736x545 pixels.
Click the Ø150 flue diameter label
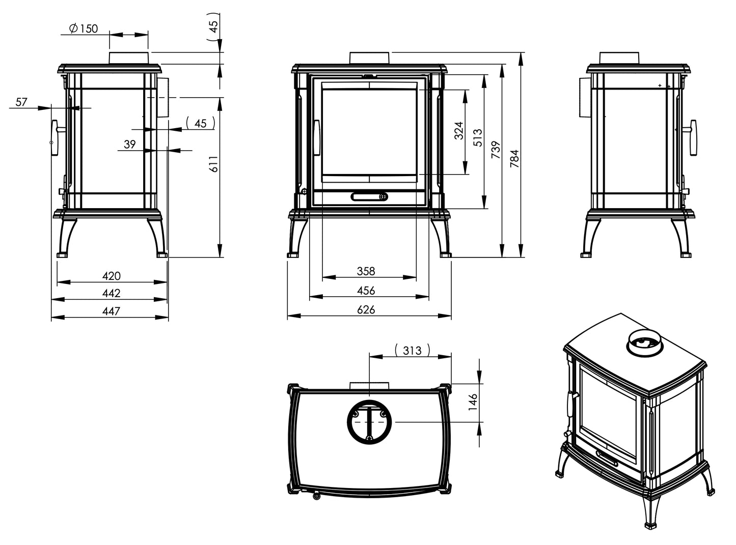(x=84, y=28)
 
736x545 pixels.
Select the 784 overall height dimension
(x=514, y=158)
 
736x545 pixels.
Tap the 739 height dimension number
(x=496, y=150)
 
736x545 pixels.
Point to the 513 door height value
(x=477, y=137)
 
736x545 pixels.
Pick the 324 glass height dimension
(x=458, y=131)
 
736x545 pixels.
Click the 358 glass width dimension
(x=366, y=271)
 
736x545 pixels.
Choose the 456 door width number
(x=366, y=291)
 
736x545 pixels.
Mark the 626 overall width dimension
(x=366, y=309)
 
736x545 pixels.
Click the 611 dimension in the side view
(x=213, y=164)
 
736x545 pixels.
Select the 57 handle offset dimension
(x=21, y=102)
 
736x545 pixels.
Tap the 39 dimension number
(x=130, y=144)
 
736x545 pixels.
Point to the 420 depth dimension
(x=111, y=276)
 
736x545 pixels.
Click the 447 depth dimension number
(x=111, y=311)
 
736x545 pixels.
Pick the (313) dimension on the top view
(x=412, y=351)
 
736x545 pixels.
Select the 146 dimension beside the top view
(x=473, y=402)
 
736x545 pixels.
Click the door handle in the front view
(x=316, y=137)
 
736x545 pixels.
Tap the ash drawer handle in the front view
(x=369, y=196)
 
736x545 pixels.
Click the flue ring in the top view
(x=369, y=422)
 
